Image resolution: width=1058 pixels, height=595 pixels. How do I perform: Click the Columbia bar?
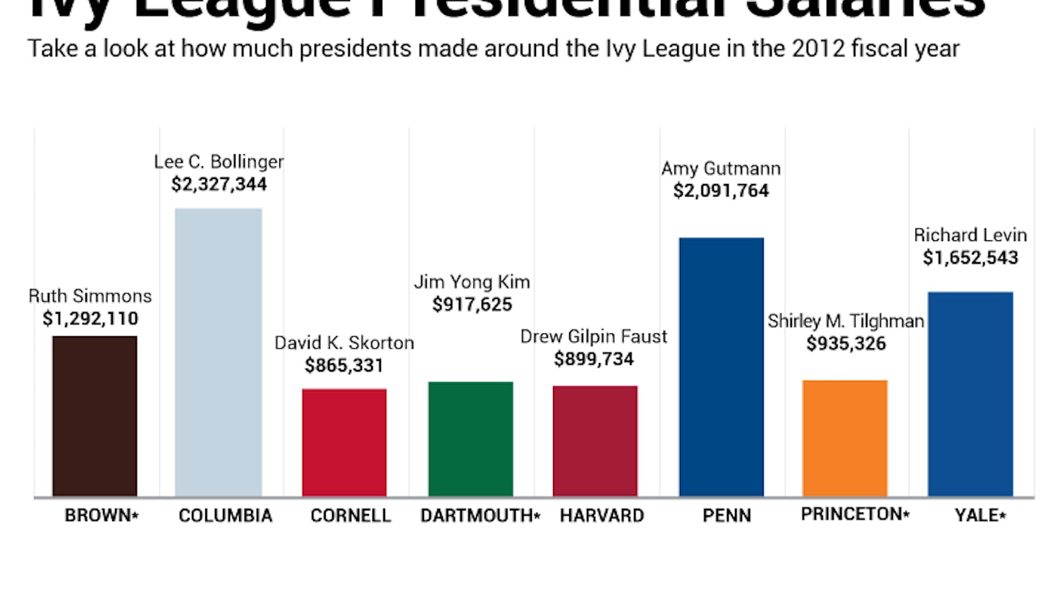pos(219,352)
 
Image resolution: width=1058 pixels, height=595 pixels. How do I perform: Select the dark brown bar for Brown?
pos(95,416)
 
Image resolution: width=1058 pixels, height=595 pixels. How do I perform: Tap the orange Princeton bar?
pos(845,438)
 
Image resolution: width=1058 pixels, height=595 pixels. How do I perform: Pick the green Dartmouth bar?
pos(470,438)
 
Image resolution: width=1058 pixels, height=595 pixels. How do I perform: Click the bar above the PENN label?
pos(721,367)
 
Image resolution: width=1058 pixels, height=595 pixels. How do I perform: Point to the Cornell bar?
pos(344,442)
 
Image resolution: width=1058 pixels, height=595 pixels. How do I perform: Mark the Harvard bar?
pos(595,441)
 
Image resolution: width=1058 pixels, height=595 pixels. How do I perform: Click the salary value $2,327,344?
pos(219,185)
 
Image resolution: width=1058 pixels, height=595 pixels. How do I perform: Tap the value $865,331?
pos(344,366)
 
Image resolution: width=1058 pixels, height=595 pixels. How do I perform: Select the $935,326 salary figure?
pos(846,344)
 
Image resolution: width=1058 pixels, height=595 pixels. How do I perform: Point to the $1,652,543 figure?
pos(971,258)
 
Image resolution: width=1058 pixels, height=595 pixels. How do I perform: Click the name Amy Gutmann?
pos(721,169)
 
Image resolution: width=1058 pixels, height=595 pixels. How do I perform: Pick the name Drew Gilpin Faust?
pos(593,337)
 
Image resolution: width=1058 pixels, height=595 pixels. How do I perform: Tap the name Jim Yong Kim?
pos(472,282)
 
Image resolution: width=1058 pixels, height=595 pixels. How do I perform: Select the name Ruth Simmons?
pos(90,296)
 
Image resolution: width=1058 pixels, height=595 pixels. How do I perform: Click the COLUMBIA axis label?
pos(225,516)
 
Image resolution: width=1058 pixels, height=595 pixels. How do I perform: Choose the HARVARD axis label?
pos(602,516)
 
